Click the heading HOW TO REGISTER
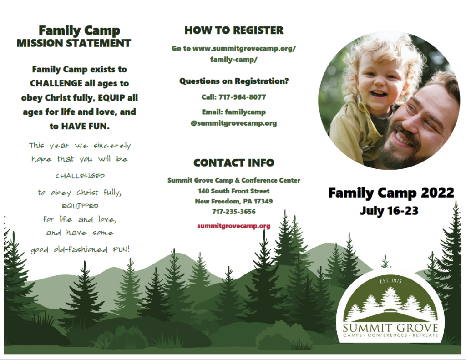233,30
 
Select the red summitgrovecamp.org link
233,226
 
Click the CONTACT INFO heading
233,163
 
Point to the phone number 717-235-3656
233,212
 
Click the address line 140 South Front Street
233,191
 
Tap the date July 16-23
389,211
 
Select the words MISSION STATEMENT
74,43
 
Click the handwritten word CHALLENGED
80,176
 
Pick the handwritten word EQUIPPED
80,206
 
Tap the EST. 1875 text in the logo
390,281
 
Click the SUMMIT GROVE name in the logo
390,328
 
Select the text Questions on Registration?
233,81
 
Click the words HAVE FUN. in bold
85,127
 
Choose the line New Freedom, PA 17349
233,201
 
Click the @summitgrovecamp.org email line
233,123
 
